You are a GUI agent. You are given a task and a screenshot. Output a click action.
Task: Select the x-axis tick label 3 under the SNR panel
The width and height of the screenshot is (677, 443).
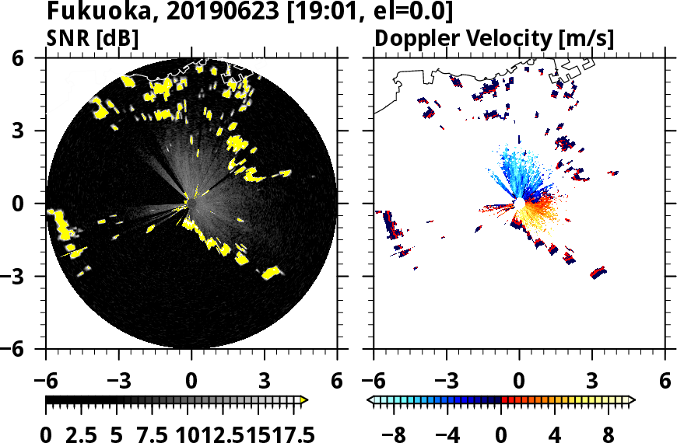(x=264, y=382)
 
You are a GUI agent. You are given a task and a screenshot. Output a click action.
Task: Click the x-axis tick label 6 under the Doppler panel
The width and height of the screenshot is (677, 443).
(x=665, y=382)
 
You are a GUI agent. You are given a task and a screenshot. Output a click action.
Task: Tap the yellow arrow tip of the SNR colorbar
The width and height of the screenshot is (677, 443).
(x=304, y=400)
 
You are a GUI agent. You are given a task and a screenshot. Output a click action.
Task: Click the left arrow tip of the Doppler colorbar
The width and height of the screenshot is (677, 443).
(x=370, y=400)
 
